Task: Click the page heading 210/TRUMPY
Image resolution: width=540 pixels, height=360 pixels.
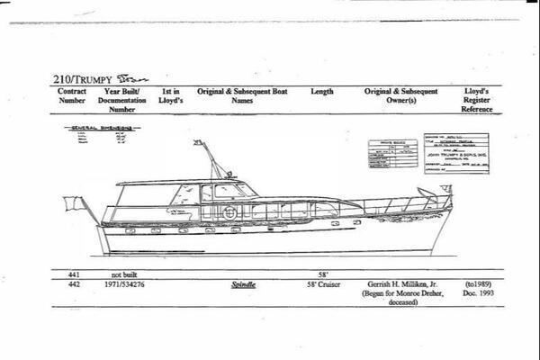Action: [x=78, y=78]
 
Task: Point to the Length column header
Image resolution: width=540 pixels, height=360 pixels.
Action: [x=321, y=91]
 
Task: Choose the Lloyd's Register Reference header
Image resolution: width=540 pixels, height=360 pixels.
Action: [x=477, y=98]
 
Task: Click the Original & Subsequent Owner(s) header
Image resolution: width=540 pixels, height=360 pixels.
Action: [x=400, y=95]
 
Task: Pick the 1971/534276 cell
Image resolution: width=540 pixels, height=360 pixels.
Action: [x=121, y=283]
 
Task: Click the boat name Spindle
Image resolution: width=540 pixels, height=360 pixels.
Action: [x=243, y=283]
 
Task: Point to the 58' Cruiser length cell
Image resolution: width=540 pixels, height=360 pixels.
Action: [x=321, y=283]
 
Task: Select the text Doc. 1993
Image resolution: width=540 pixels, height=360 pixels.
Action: [x=477, y=293]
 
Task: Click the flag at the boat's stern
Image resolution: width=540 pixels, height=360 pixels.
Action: [x=78, y=203]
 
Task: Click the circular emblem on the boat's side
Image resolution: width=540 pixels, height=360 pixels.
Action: [x=231, y=213]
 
